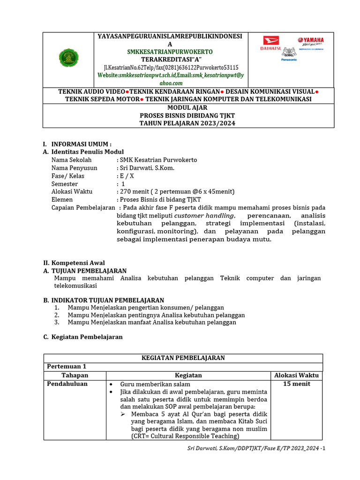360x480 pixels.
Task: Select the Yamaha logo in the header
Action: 310,41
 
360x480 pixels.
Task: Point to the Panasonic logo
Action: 289,60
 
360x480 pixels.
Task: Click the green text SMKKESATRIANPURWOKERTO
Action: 170,52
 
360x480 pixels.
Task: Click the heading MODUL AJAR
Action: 188,107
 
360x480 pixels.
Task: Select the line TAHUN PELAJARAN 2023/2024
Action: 188,123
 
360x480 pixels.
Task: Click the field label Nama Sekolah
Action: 71,160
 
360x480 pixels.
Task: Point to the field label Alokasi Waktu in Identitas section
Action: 72,191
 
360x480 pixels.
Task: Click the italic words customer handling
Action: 197,215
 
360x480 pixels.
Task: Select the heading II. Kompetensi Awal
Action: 74,263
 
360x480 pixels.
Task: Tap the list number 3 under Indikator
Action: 56,322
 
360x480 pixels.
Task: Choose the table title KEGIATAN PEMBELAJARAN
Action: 183,358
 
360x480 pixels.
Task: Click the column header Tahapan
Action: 75,375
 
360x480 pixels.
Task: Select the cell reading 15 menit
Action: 296,384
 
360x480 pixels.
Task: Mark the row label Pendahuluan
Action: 67,384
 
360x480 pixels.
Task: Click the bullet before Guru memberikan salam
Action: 111,384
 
